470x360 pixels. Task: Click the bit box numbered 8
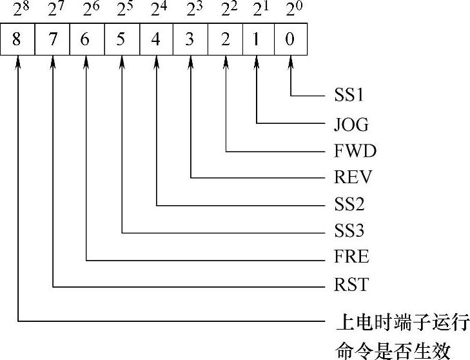[18, 39]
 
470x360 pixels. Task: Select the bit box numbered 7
[52, 39]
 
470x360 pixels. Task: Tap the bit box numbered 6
[86, 39]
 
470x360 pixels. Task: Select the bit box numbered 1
[257, 39]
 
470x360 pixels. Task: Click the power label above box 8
[18, 10]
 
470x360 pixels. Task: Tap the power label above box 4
[156, 10]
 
